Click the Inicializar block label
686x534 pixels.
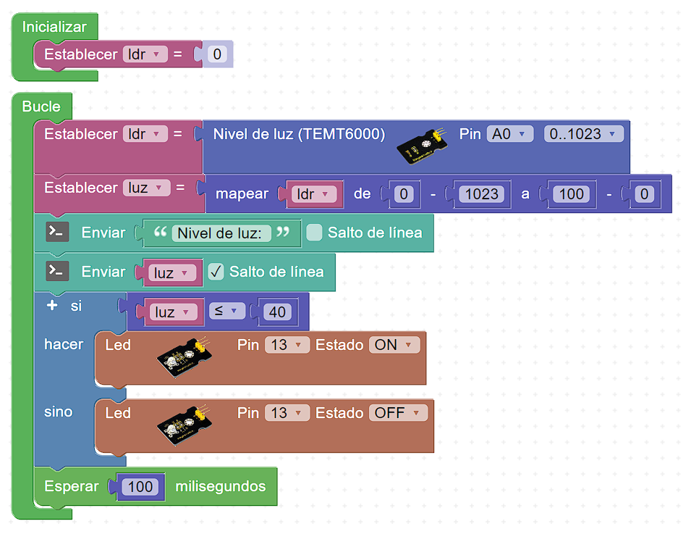pyautogui.click(x=54, y=27)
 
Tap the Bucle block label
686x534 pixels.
pyautogui.click(x=41, y=107)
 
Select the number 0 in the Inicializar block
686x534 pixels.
pyautogui.click(x=216, y=54)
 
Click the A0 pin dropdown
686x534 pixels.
pyautogui.click(x=510, y=134)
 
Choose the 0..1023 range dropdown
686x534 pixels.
pyautogui.click(x=583, y=134)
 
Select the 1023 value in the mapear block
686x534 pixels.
pyautogui.click(x=481, y=193)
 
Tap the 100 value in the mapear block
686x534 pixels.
pyautogui.click(x=572, y=193)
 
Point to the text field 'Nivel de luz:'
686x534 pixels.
pyautogui.click(x=221, y=233)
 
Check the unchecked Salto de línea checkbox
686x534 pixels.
pyautogui.click(x=314, y=233)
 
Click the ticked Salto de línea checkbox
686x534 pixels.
pyautogui.click(x=216, y=272)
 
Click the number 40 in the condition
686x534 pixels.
pyautogui.click(x=277, y=312)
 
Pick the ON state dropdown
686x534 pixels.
pyautogui.click(x=394, y=345)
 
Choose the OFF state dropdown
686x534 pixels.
pyautogui.click(x=397, y=413)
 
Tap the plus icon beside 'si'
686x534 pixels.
pyautogui.click(x=51, y=306)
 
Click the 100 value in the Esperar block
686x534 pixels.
pyautogui.click(x=140, y=486)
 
